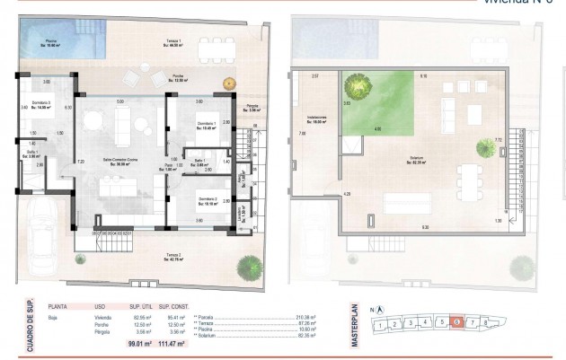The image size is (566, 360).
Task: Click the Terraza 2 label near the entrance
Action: point(173,259)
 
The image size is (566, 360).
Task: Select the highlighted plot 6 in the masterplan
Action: point(457,321)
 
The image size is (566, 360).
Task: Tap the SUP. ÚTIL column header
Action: point(142,305)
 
